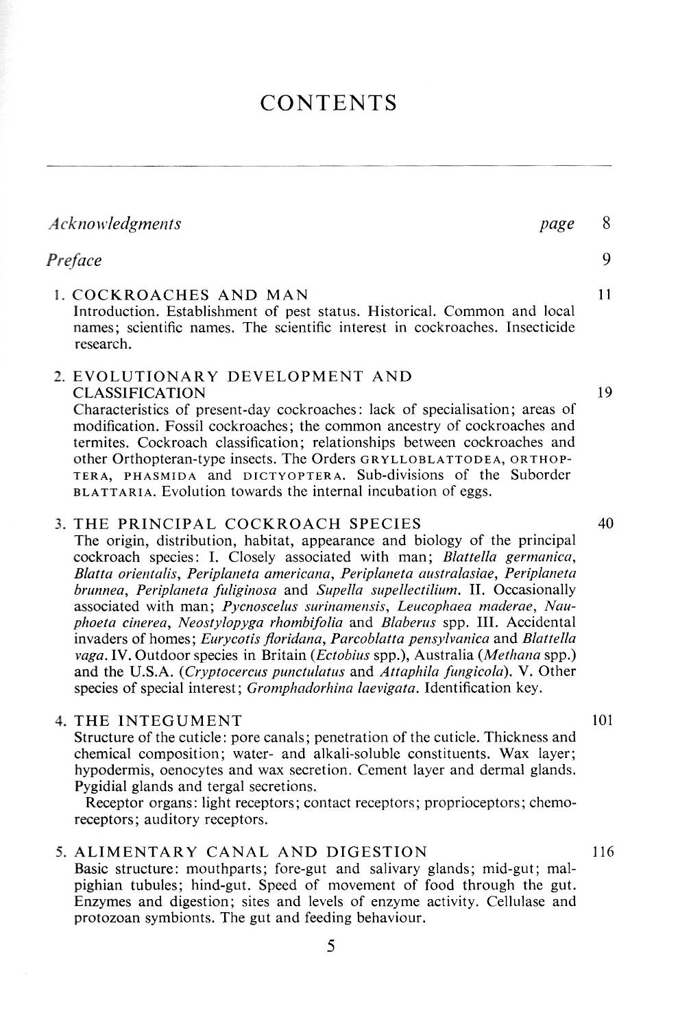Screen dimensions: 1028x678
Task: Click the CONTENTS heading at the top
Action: [x=329, y=103]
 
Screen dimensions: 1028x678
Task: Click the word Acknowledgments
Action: [x=114, y=223]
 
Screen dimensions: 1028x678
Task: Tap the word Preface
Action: [x=74, y=260]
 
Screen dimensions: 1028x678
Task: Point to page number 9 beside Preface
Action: [x=606, y=260]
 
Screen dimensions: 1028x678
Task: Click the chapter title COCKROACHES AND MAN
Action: [x=191, y=295]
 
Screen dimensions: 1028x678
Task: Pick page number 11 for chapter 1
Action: [x=604, y=295]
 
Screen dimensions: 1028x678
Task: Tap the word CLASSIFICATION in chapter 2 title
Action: [x=139, y=393]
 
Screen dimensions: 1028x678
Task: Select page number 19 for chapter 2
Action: [x=604, y=393]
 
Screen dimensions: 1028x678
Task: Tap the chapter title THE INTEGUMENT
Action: [x=158, y=721]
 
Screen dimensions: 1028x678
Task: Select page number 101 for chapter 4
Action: [x=602, y=720]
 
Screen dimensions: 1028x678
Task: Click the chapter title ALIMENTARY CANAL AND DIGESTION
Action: [x=250, y=853]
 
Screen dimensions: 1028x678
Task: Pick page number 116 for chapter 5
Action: [x=602, y=853]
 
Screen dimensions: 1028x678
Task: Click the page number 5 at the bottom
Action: [x=331, y=946]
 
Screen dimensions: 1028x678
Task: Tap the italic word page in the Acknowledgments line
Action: [x=557, y=224]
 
